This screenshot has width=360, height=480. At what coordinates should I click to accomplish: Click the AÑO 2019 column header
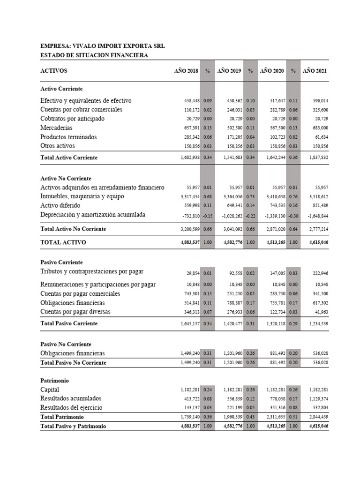click(229, 71)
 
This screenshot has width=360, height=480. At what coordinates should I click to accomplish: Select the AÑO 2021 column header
click(315, 71)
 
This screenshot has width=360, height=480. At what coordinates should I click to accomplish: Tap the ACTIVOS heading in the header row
click(54, 71)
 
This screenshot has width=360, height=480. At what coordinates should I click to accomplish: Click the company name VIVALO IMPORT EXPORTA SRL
click(103, 46)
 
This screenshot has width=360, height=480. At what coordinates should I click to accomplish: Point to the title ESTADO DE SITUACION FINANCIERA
click(94, 55)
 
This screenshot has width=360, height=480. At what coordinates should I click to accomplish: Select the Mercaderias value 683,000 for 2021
click(318, 128)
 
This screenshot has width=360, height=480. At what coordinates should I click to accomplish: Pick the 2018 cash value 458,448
click(190, 101)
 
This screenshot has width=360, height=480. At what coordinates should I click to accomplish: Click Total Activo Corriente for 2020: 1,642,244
click(272, 157)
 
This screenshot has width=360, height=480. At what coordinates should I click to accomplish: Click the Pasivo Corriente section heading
click(61, 262)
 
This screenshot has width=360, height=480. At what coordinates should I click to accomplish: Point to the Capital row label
click(50, 390)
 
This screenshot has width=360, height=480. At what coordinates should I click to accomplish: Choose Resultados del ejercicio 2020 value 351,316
click(275, 408)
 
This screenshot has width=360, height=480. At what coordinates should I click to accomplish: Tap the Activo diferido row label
click(60, 206)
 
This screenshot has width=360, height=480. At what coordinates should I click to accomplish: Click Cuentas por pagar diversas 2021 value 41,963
click(320, 312)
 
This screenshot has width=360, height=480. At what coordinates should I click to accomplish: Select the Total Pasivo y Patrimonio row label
click(73, 426)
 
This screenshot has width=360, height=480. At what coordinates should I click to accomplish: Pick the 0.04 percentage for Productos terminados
click(250, 137)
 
